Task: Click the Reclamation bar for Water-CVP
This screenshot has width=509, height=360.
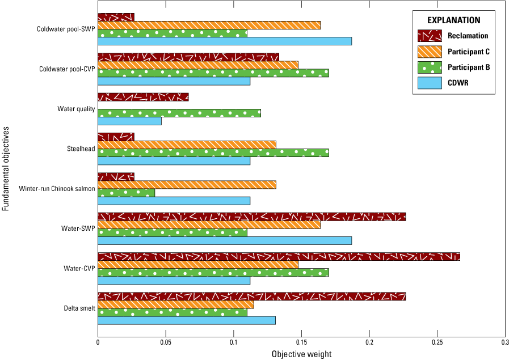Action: tap(279, 257)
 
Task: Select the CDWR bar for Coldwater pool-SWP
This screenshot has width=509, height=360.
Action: tap(225, 41)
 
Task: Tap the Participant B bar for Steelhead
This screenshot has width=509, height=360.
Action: tap(213, 153)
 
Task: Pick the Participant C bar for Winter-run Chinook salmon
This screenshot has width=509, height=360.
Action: tap(187, 184)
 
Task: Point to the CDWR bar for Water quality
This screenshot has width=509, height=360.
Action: tap(129, 121)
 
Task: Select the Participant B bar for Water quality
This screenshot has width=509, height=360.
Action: tap(179, 113)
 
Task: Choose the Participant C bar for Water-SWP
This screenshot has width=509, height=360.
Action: tap(209, 225)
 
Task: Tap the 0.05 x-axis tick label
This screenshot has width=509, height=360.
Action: tap(166, 342)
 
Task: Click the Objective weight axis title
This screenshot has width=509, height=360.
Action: tap(301, 354)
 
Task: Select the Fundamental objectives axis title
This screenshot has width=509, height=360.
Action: tap(6, 168)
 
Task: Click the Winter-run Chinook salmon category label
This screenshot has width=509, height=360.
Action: tap(56, 188)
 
